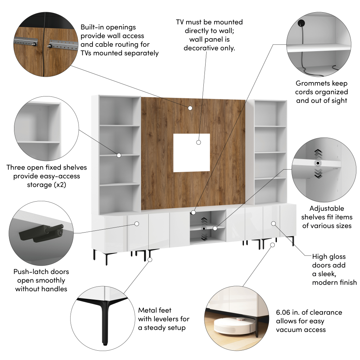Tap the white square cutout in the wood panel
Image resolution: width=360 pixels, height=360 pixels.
192,153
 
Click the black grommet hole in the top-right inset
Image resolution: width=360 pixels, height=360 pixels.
301,23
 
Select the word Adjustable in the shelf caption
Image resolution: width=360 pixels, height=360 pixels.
327,208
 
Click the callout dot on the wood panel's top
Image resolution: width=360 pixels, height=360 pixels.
190,108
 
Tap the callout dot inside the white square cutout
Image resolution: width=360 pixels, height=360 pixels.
199,142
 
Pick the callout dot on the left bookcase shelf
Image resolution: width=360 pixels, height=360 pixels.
119,156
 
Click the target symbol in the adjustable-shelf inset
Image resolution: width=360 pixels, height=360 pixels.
318,163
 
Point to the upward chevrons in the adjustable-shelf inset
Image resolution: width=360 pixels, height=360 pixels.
318,153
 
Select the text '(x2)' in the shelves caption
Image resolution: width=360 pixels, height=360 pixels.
60,185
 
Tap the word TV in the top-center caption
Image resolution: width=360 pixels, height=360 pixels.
180,22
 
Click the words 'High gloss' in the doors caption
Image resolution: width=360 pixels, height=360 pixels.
329,257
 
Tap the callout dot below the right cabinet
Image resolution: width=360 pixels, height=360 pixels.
273,245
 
